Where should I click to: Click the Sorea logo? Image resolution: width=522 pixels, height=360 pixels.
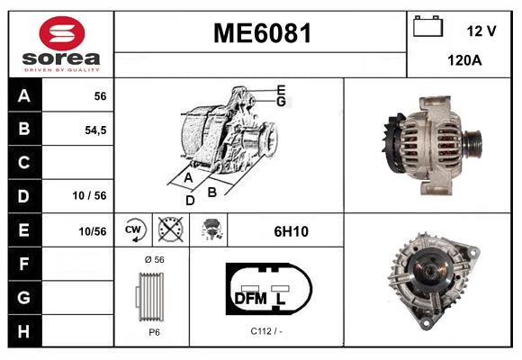click(x=61, y=44)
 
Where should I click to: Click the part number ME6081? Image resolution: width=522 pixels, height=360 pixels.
click(x=261, y=34)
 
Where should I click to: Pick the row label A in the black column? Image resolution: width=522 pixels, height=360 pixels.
click(x=23, y=96)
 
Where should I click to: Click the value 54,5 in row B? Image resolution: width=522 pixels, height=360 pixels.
click(x=94, y=130)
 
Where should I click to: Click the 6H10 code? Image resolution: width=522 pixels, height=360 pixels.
click(x=291, y=231)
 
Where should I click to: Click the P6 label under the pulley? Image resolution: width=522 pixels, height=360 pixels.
click(x=153, y=332)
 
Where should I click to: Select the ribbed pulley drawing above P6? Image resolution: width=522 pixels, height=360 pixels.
click(x=152, y=296)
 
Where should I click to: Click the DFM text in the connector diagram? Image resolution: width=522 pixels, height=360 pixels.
click(x=250, y=296)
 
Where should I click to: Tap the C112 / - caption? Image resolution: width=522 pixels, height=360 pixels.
click(x=266, y=332)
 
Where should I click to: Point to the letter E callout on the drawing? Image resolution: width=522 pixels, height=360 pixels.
click(x=281, y=89)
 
